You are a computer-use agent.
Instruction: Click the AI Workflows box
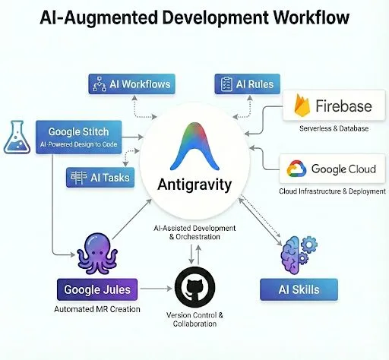[x=130, y=84]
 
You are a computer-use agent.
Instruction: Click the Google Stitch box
[x=78, y=136]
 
